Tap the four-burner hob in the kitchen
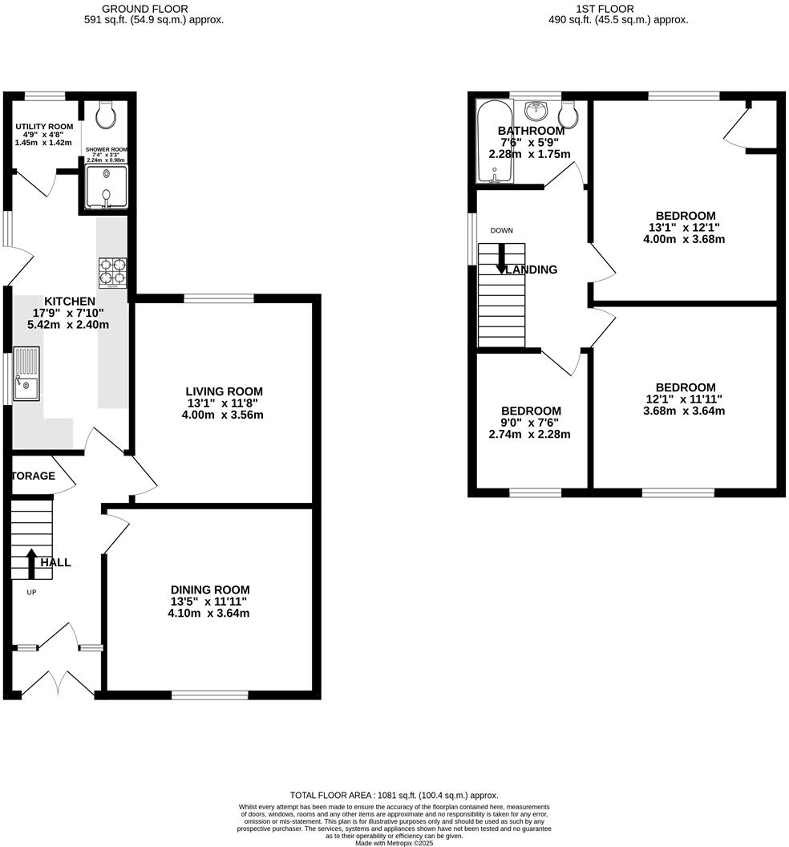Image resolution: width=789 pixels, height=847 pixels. pyautogui.click(x=112, y=272)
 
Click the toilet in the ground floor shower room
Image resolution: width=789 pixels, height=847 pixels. pyautogui.click(x=105, y=117)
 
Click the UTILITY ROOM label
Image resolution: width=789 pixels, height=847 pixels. pyautogui.click(x=44, y=127)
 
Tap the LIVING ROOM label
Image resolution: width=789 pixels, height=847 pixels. pyautogui.click(x=224, y=391)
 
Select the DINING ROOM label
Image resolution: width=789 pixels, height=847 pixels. pyautogui.click(x=209, y=590)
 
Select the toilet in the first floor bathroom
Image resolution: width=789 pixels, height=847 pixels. pyautogui.click(x=568, y=116)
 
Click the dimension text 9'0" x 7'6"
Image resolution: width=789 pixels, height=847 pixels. pyautogui.click(x=530, y=423)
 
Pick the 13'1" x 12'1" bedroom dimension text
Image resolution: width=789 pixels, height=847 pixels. pyautogui.click(x=685, y=227)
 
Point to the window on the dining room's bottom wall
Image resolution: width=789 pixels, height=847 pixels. pyautogui.click(x=210, y=695)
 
